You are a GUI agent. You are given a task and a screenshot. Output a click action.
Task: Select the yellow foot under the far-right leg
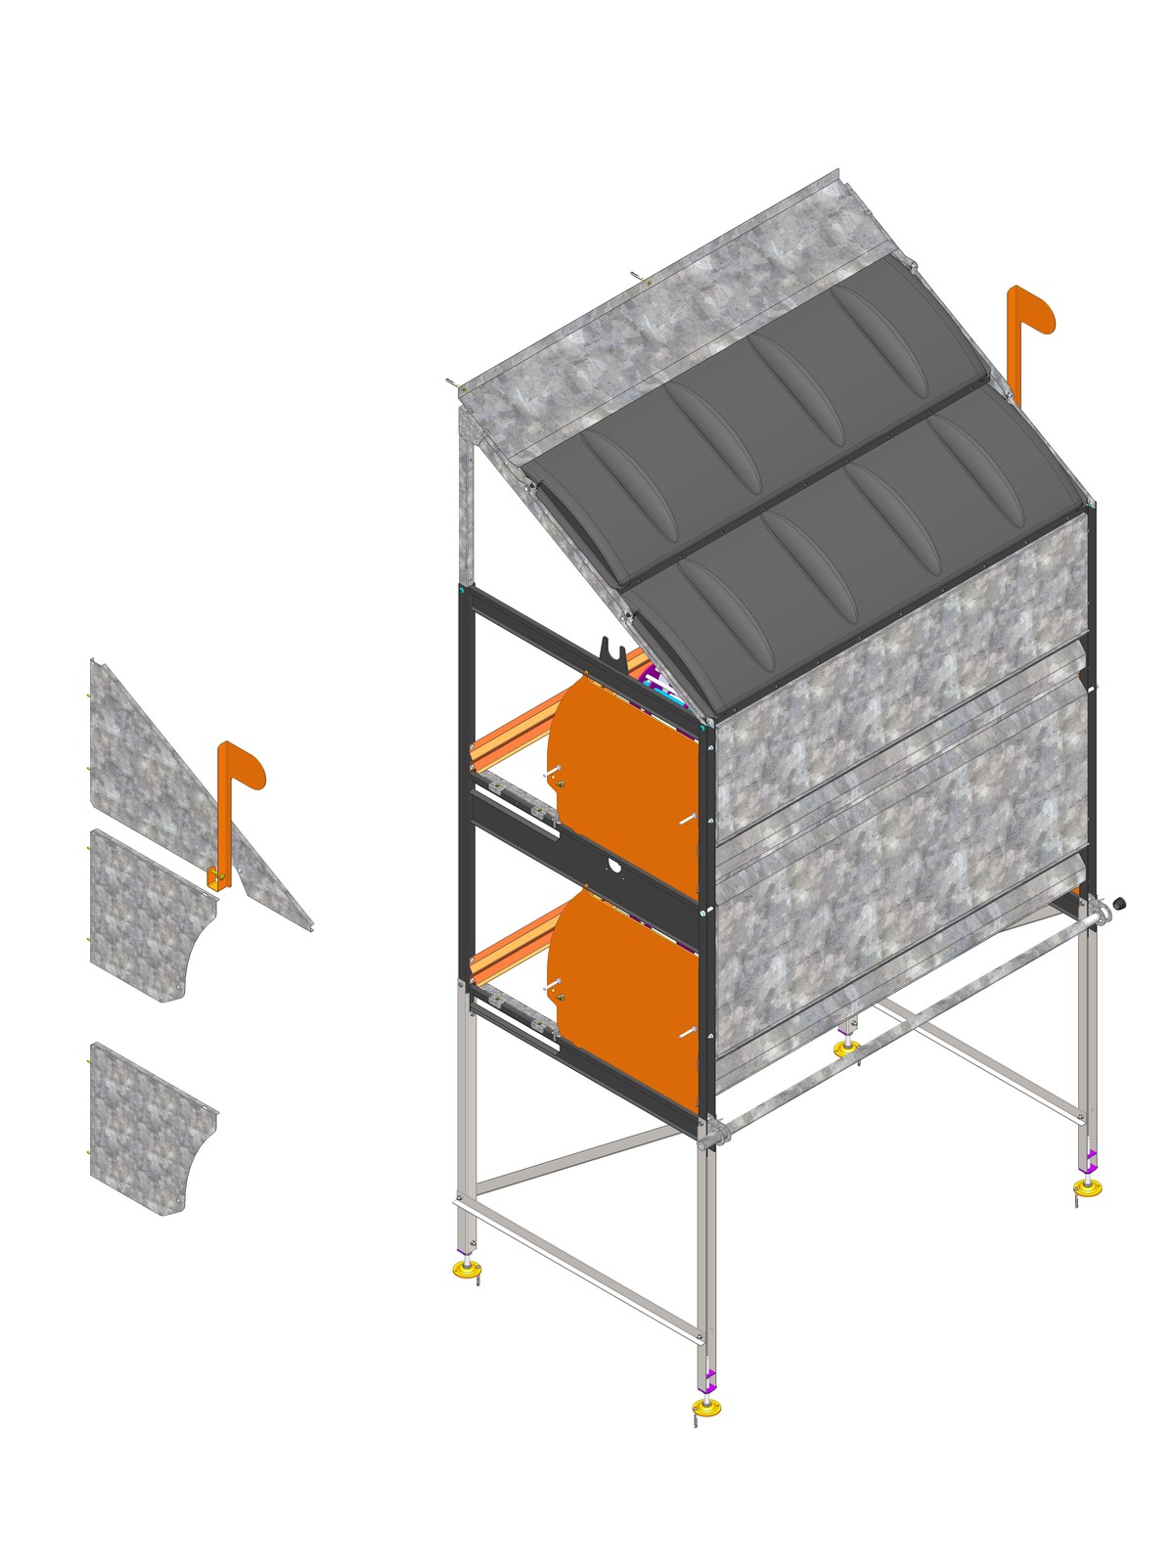point(1087,1187)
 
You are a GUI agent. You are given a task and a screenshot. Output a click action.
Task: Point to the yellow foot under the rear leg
point(846,1048)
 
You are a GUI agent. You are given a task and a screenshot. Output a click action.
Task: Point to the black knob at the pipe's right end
point(1119,903)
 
